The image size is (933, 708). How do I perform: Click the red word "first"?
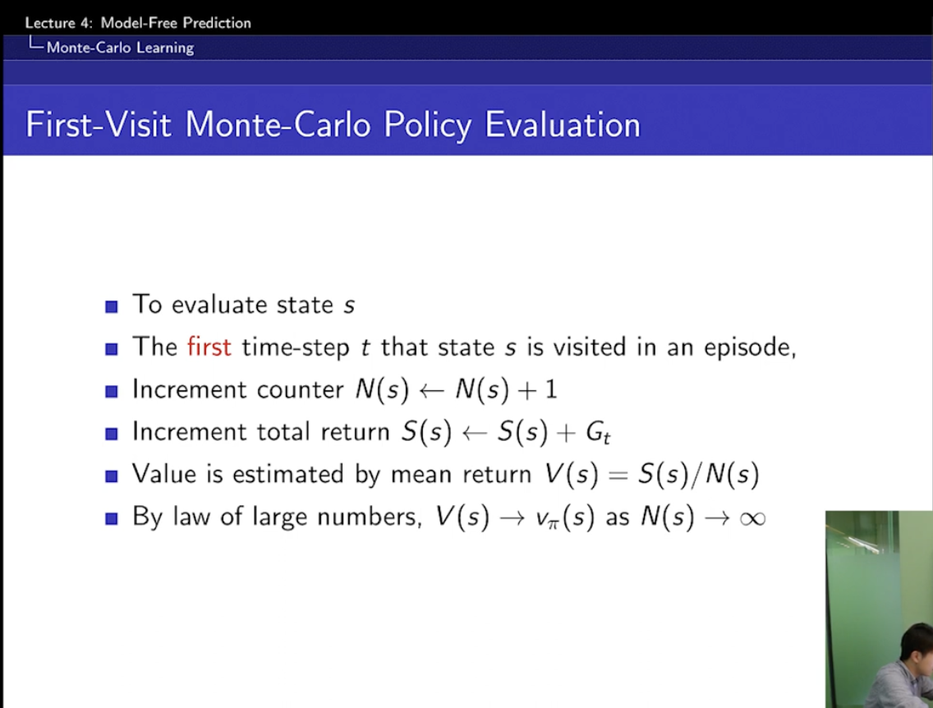tap(209, 347)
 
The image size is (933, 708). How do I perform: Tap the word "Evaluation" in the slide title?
tap(563, 125)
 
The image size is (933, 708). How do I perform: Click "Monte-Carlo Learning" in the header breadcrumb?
tap(120, 48)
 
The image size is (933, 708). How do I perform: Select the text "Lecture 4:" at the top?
tap(59, 23)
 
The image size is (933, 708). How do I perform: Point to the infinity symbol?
tap(752, 518)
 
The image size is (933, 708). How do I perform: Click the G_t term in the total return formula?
tap(598, 433)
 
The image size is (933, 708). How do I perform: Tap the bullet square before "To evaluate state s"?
tap(111, 306)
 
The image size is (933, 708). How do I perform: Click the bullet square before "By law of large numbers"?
tap(111, 518)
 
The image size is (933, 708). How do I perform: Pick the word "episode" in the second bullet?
tap(747, 347)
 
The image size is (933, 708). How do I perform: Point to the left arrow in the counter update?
tap(431, 391)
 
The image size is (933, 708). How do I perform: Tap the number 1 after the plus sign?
tap(551, 389)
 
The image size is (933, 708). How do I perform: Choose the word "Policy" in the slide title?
tap(427, 126)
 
